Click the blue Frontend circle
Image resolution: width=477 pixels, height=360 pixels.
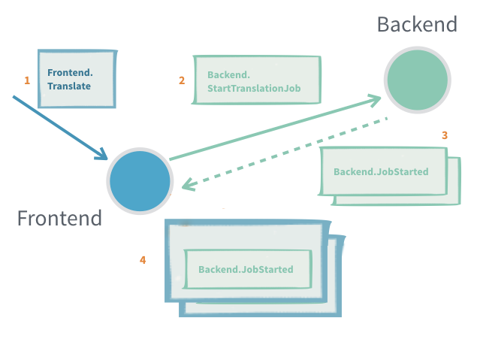pyautogui.click(x=140, y=181)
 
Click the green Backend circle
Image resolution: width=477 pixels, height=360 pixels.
pyautogui.click(x=417, y=80)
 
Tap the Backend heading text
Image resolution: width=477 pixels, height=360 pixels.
pyautogui.click(x=417, y=24)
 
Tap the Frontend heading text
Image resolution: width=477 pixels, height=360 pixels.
pyautogui.click(x=59, y=219)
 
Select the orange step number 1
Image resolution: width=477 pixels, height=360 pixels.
pyautogui.click(x=27, y=80)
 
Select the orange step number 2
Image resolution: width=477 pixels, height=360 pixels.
pyautogui.click(x=182, y=80)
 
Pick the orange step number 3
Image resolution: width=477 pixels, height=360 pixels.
pyautogui.click(x=445, y=135)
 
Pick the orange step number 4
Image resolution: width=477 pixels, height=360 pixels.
pyautogui.click(x=143, y=260)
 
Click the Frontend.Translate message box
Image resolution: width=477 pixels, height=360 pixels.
pyautogui.click(x=77, y=79)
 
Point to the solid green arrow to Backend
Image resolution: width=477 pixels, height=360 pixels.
pyautogui.click(x=270, y=128)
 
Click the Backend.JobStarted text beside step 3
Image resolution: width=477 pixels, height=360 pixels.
pyautogui.click(x=381, y=172)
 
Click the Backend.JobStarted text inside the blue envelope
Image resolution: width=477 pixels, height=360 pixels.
pyautogui.click(x=246, y=269)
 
